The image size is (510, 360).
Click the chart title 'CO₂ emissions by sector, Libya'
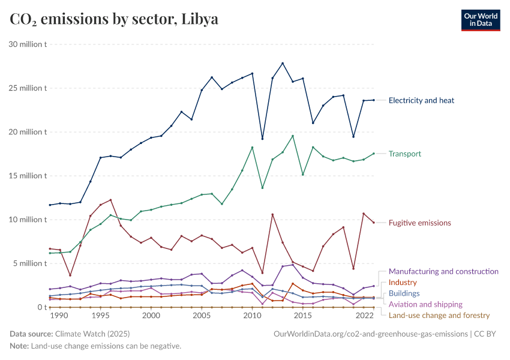point(114,19)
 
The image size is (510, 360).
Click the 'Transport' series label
point(405,154)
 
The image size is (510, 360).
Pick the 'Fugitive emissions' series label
point(419,223)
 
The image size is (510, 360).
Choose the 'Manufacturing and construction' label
point(443,271)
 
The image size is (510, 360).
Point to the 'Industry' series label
point(403,283)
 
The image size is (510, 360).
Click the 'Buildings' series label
point(404,293)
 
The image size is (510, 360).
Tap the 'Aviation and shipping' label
point(425,304)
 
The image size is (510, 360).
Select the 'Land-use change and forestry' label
point(439,315)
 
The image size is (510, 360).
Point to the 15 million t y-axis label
point(28,176)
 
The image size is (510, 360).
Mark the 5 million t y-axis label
point(29,263)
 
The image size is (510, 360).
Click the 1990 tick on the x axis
point(60,316)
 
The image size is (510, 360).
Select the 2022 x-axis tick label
point(364,316)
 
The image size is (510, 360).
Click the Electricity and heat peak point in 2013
point(283,64)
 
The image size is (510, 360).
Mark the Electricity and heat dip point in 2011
point(262,139)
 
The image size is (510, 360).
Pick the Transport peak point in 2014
point(293,136)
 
